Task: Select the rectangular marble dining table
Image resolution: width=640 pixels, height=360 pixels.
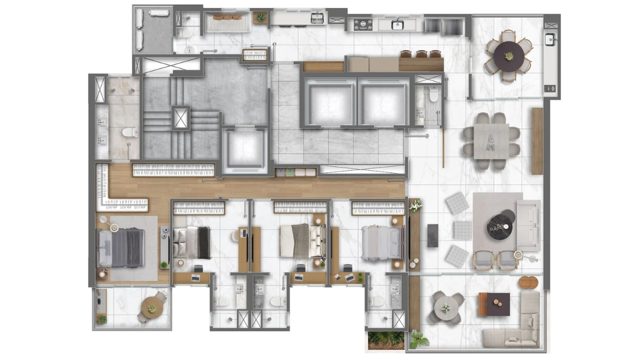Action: pos(491,141)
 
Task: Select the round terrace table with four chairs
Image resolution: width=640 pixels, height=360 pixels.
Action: pos(445,308)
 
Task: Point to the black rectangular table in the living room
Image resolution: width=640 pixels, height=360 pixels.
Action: pos(433,235)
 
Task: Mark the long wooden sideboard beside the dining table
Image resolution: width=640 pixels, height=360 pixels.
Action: pos(537,141)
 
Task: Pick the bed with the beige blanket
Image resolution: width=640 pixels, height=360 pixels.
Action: pos(302,240)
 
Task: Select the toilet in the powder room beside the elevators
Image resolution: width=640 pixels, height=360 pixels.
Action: pos(433,95)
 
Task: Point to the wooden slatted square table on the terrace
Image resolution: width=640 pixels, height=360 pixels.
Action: pos(493,303)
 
